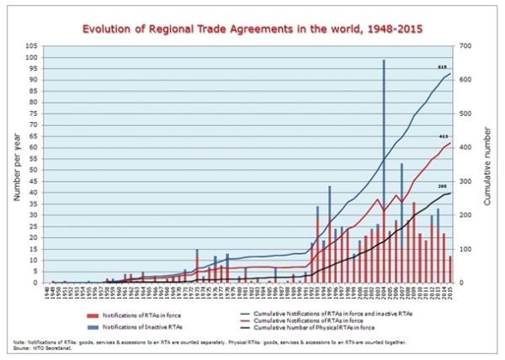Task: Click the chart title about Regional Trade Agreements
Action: click(x=252, y=28)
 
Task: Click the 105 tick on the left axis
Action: click(x=33, y=46)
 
